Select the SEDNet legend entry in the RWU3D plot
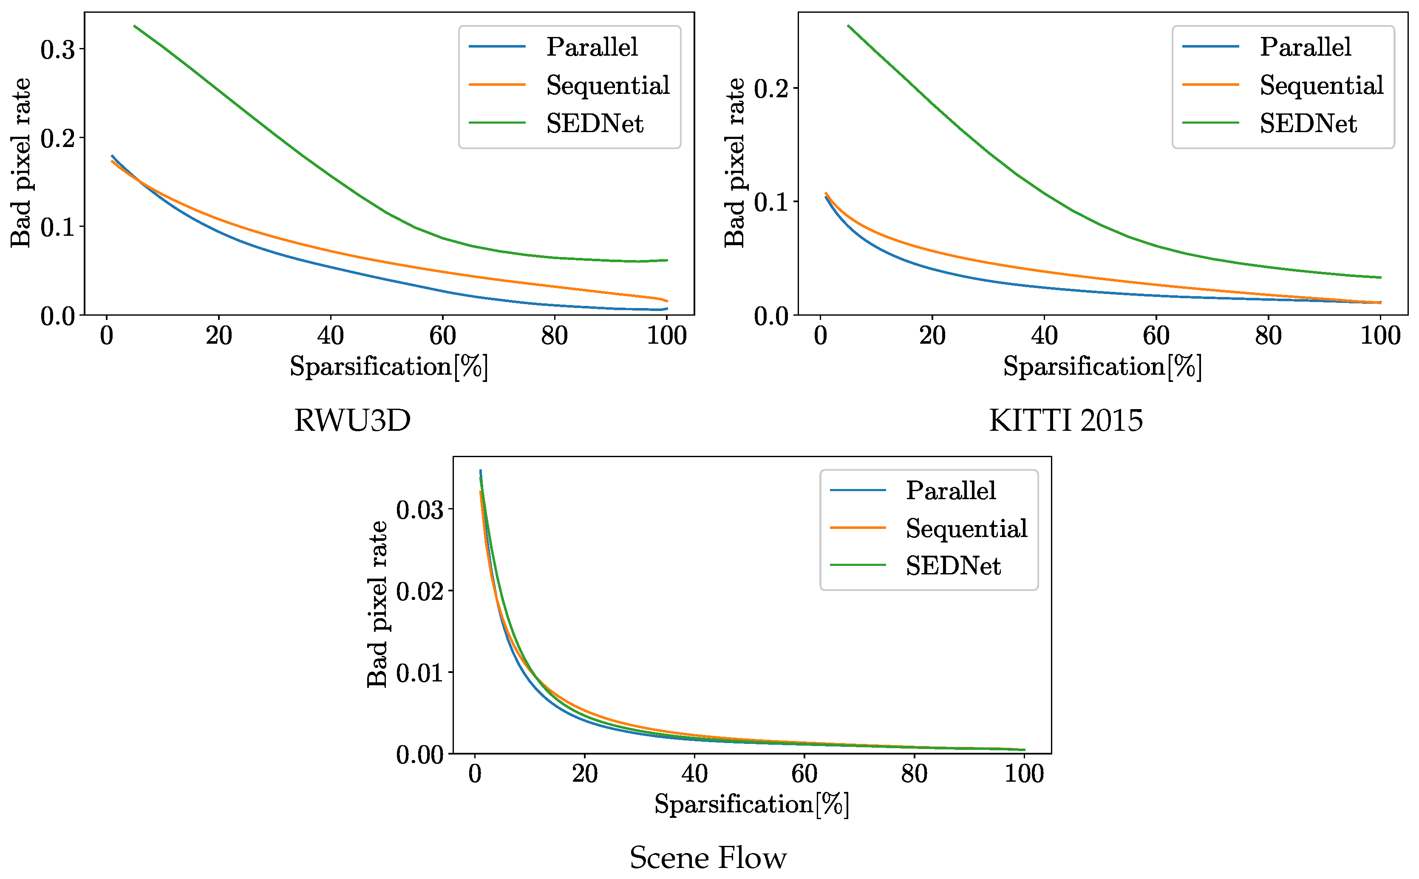(x=595, y=124)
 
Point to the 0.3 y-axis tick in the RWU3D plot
(x=58, y=50)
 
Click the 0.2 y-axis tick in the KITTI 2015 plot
(x=771, y=89)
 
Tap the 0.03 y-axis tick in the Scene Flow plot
(x=419, y=510)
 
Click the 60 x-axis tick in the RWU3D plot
(x=442, y=336)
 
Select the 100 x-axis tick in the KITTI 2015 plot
(x=1380, y=336)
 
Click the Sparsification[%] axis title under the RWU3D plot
(x=388, y=367)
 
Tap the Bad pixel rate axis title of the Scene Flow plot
(x=377, y=605)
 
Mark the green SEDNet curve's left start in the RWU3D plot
(x=134, y=26)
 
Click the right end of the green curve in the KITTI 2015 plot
(x=1380, y=277)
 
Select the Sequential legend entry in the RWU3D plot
(x=608, y=85)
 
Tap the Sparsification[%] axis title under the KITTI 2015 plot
(x=1102, y=367)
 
